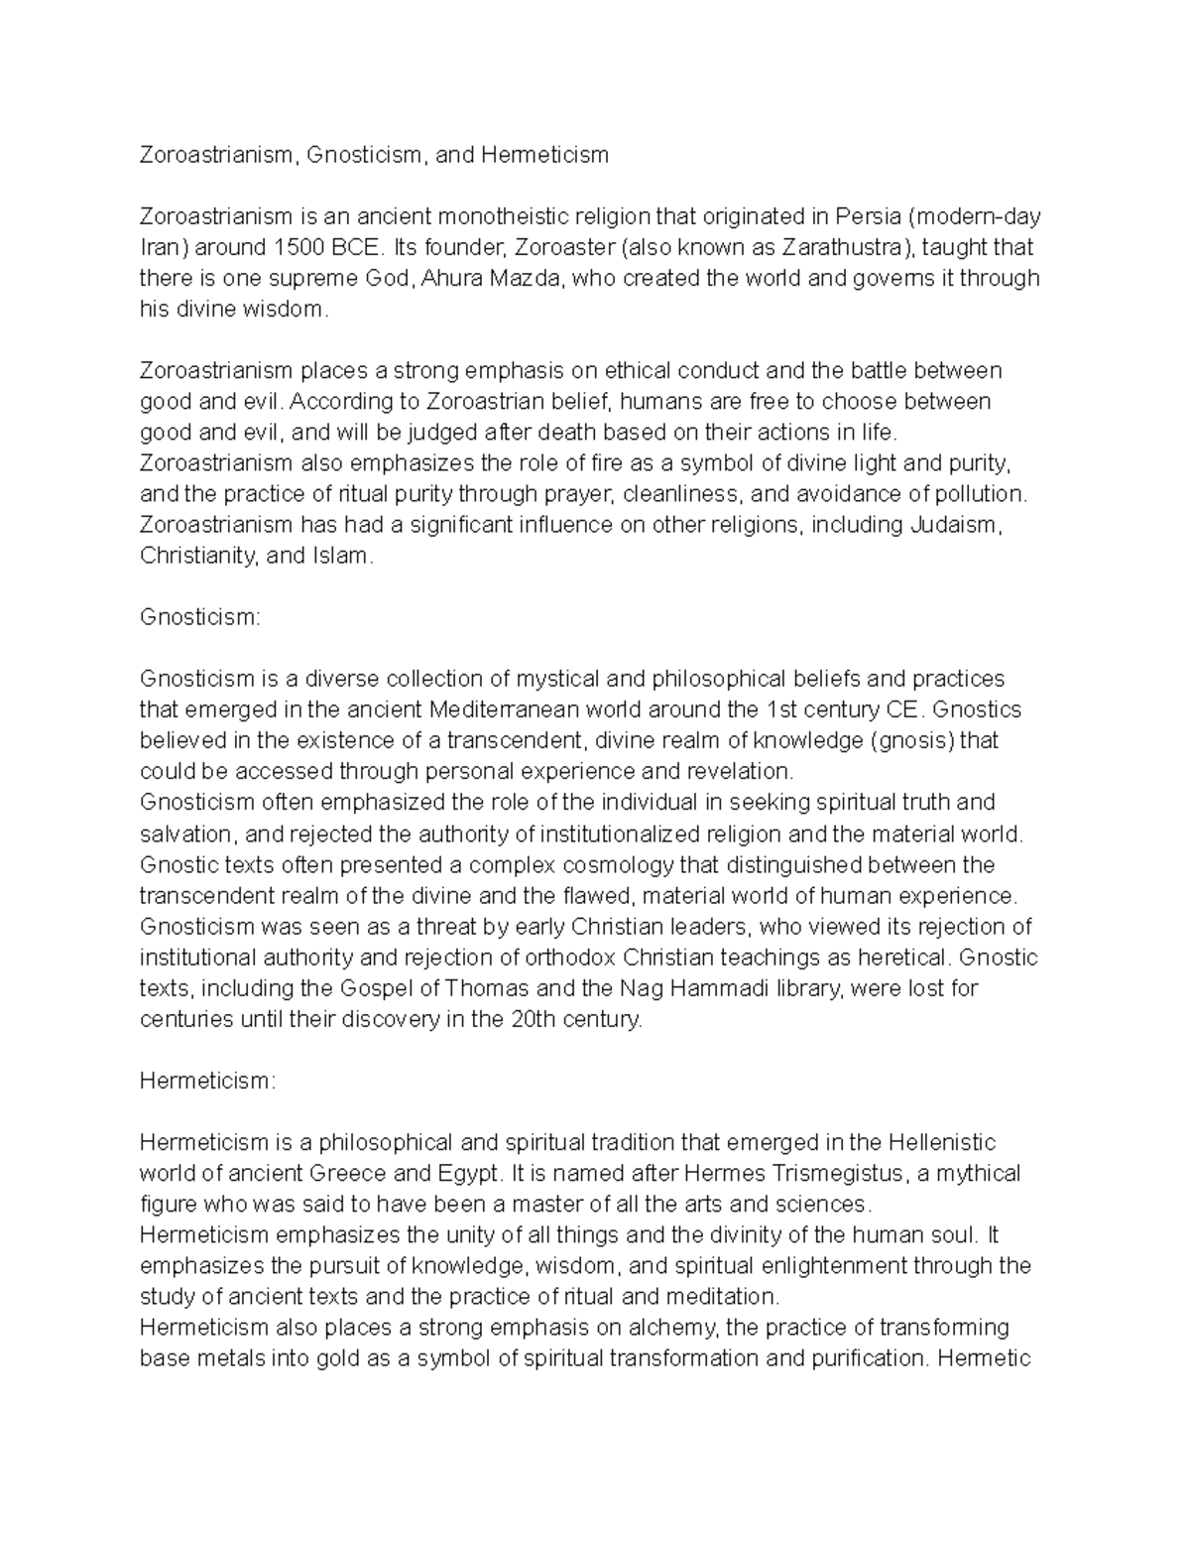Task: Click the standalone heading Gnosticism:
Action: pos(200,617)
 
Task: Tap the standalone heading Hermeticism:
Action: pos(205,1081)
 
